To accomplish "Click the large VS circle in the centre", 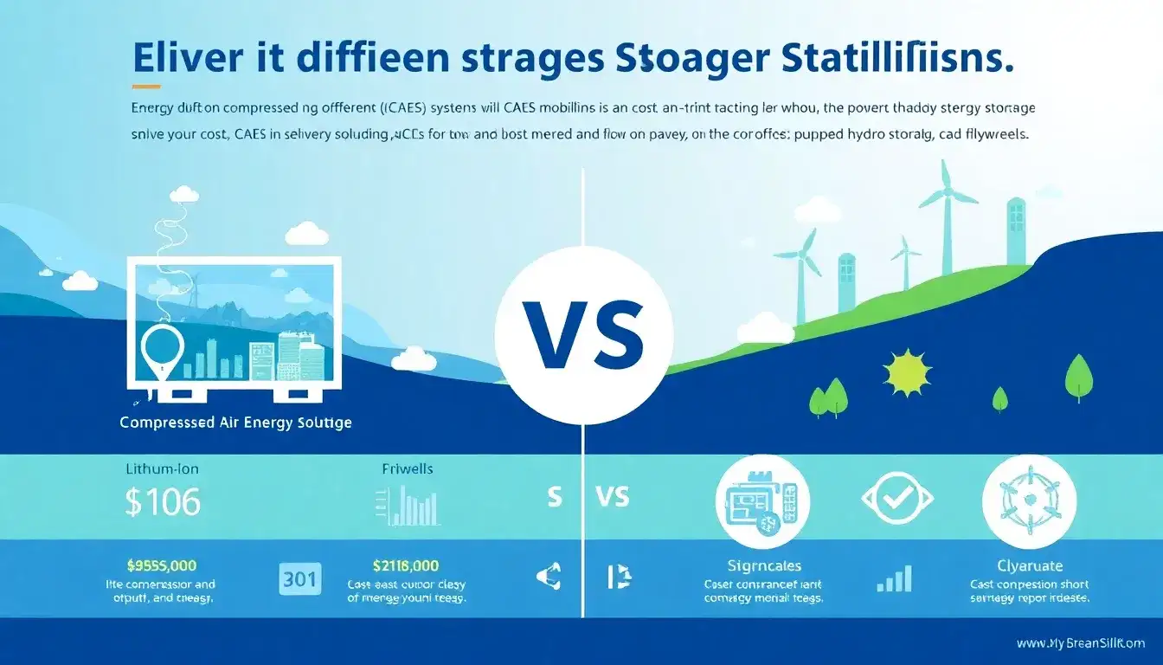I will (583, 335).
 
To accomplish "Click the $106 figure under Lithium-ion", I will (162, 502).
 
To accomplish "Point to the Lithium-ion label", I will (161, 468).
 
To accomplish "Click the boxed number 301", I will (301, 578).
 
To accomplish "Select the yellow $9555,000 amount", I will (161, 565).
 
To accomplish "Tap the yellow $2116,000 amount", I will (405, 565).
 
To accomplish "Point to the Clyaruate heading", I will (1029, 566).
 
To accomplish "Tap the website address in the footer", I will (1080, 643).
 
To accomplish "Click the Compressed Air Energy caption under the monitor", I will (235, 423).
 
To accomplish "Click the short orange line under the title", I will (147, 87).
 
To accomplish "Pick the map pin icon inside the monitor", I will (162, 351).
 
